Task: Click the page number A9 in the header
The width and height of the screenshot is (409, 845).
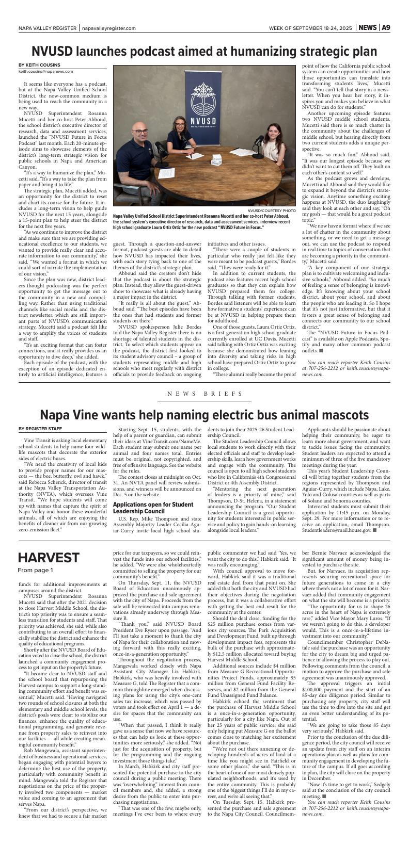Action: tap(386, 28)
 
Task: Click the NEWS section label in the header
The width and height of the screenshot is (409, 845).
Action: tap(367, 28)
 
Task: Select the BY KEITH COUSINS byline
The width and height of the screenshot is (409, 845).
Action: tap(39, 65)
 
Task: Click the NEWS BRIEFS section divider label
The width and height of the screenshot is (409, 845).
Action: tap(204, 394)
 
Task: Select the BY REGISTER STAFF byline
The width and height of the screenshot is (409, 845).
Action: tap(40, 428)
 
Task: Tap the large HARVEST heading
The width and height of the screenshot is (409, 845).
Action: tap(49, 558)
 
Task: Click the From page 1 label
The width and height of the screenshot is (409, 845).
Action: tap(35, 570)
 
